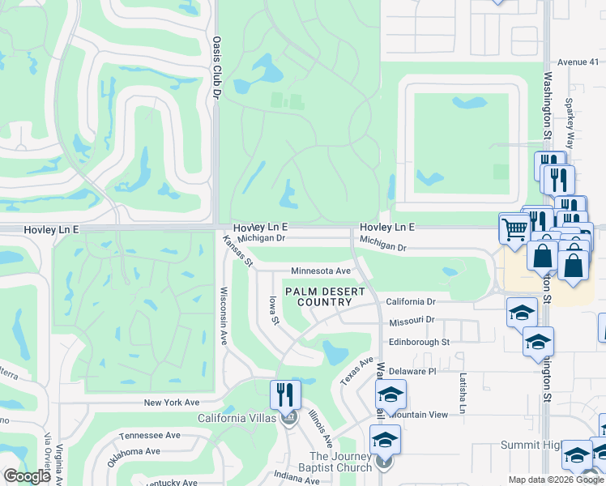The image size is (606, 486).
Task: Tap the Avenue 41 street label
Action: pyautogui.click(x=577, y=62)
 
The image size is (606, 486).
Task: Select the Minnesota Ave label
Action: pyautogui.click(x=321, y=271)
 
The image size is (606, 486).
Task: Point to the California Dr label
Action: pyautogui.click(x=416, y=301)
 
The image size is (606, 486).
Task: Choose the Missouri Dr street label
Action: pyautogui.click(x=412, y=321)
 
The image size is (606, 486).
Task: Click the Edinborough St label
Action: pyautogui.click(x=419, y=342)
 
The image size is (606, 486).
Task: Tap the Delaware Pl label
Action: pyautogui.click(x=412, y=370)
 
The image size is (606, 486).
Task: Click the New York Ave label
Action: pyautogui.click(x=172, y=403)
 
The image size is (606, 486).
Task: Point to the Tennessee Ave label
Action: pyautogui.click(x=150, y=435)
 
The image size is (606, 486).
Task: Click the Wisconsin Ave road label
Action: pyautogui.click(x=224, y=317)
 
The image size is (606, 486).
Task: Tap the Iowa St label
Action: pyautogui.click(x=274, y=311)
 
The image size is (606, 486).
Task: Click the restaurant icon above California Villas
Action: pyautogui.click(x=285, y=394)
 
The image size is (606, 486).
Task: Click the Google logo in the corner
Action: pyautogui.click(x=27, y=476)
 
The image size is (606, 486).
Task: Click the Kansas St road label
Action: pyautogui.click(x=239, y=252)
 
